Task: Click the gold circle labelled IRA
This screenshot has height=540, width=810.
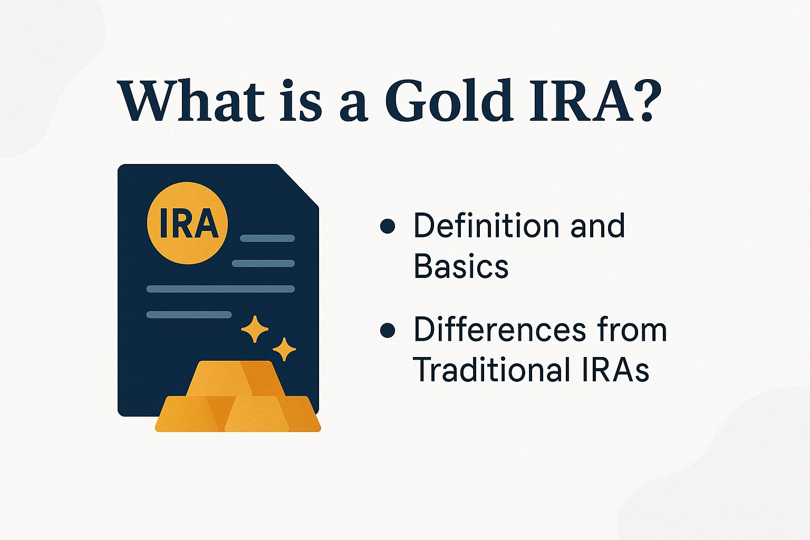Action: point(188,223)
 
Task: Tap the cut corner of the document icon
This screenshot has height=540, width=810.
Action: point(298,185)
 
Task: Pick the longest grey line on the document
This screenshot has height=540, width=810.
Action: point(220,288)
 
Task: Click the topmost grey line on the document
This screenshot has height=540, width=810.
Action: point(267,238)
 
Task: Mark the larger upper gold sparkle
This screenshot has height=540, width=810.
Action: point(255,329)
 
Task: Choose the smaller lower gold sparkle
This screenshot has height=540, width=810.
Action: point(284,349)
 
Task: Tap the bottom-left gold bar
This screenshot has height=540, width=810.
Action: point(190,414)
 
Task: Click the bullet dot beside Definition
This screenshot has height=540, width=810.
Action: point(388,226)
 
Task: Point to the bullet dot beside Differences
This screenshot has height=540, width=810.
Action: point(388,331)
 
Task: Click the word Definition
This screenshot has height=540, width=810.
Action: point(486,225)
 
